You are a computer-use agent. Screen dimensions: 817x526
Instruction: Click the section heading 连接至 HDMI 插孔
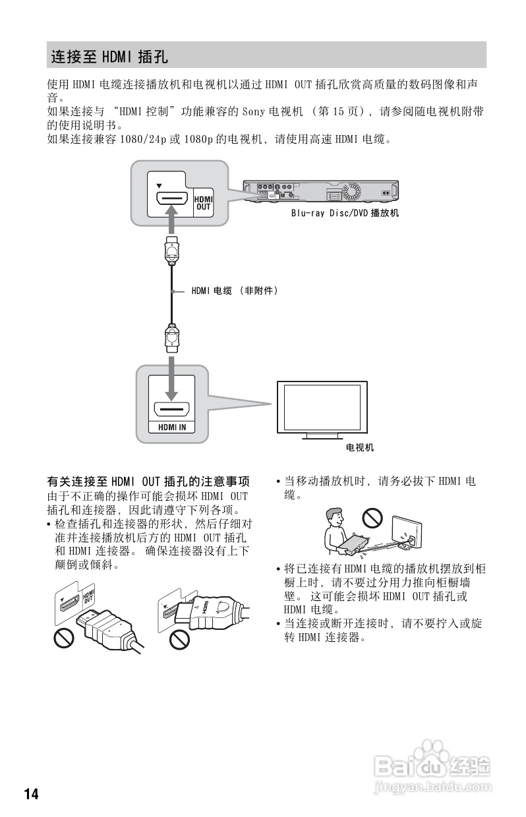(110, 57)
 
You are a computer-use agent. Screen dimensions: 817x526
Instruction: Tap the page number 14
(32, 794)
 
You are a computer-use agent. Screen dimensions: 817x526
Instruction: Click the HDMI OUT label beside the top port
(203, 203)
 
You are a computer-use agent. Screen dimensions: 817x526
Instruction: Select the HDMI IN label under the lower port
(171, 427)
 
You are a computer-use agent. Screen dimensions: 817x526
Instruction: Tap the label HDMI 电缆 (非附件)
(235, 290)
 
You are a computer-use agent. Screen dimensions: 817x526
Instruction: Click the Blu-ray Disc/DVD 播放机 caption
(345, 213)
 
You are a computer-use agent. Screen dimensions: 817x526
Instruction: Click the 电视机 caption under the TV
(360, 448)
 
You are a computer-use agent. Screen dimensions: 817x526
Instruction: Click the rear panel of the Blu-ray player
(320, 191)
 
